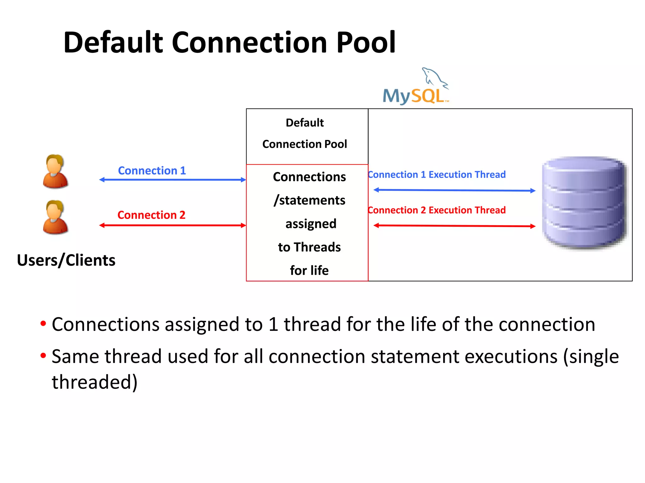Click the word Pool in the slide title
(x=365, y=42)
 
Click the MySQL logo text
(x=414, y=96)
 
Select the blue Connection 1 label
(x=152, y=171)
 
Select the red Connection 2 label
(x=151, y=215)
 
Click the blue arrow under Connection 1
(x=172, y=180)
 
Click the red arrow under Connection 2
(x=172, y=225)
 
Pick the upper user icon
(x=55, y=172)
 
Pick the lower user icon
(x=55, y=217)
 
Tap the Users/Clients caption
(x=66, y=260)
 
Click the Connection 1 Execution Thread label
(x=437, y=175)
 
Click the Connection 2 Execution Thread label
(x=437, y=210)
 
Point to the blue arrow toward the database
(x=454, y=190)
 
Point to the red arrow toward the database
(x=454, y=226)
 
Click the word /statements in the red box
(x=310, y=200)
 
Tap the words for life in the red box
(x=309, y=270)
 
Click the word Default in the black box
(x=305, y=123)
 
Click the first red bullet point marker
(x=43, y=324)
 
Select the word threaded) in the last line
(x=94, y=382)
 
